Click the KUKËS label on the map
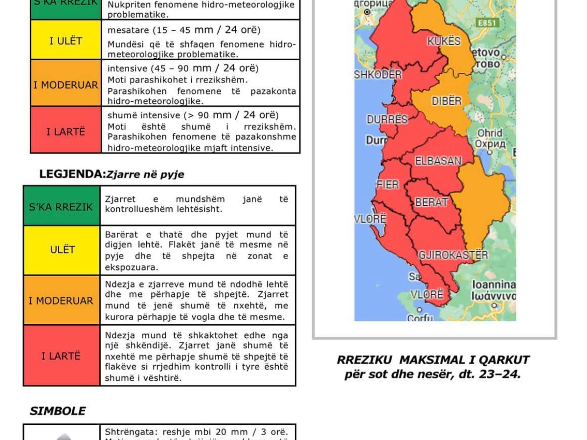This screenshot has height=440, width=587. [444, 41]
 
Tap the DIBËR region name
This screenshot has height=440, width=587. [446, 101]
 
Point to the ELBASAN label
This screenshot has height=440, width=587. [438, 161]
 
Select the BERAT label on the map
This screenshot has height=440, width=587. [431, 202]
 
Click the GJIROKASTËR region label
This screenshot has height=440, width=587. [453, 255]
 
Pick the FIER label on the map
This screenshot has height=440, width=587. [387, 185]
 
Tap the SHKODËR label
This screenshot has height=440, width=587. [378, 75]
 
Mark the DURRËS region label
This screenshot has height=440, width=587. [387, 120]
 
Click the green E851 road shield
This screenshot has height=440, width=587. [487, 23]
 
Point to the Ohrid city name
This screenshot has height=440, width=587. [490, 133]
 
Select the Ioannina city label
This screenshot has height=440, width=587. [493, 285]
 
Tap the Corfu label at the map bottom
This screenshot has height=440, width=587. [420, 318]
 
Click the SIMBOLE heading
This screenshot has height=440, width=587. [58, 411]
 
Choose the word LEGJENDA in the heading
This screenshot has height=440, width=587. [72, 174]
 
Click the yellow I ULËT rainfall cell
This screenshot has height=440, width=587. [66, 41]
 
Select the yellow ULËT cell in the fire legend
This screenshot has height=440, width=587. [62, 250]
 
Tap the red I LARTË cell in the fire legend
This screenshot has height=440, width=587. [61, 356]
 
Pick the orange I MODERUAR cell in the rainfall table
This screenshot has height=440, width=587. [66, 85]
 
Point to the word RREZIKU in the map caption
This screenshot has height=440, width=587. [365, 360]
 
